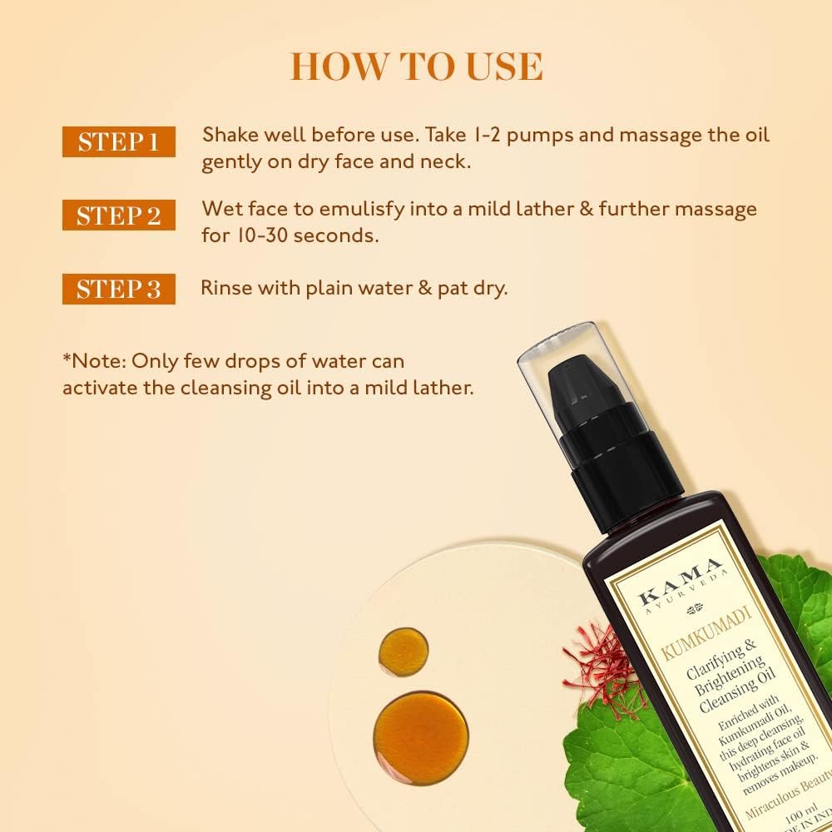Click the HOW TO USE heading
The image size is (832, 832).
416,67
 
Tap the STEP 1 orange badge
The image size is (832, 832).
118,142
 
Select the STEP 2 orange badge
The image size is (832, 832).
118,215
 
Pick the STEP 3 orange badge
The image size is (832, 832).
118,289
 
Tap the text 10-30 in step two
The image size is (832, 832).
260,235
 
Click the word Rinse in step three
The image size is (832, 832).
227,289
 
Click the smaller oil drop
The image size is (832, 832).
403,651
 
